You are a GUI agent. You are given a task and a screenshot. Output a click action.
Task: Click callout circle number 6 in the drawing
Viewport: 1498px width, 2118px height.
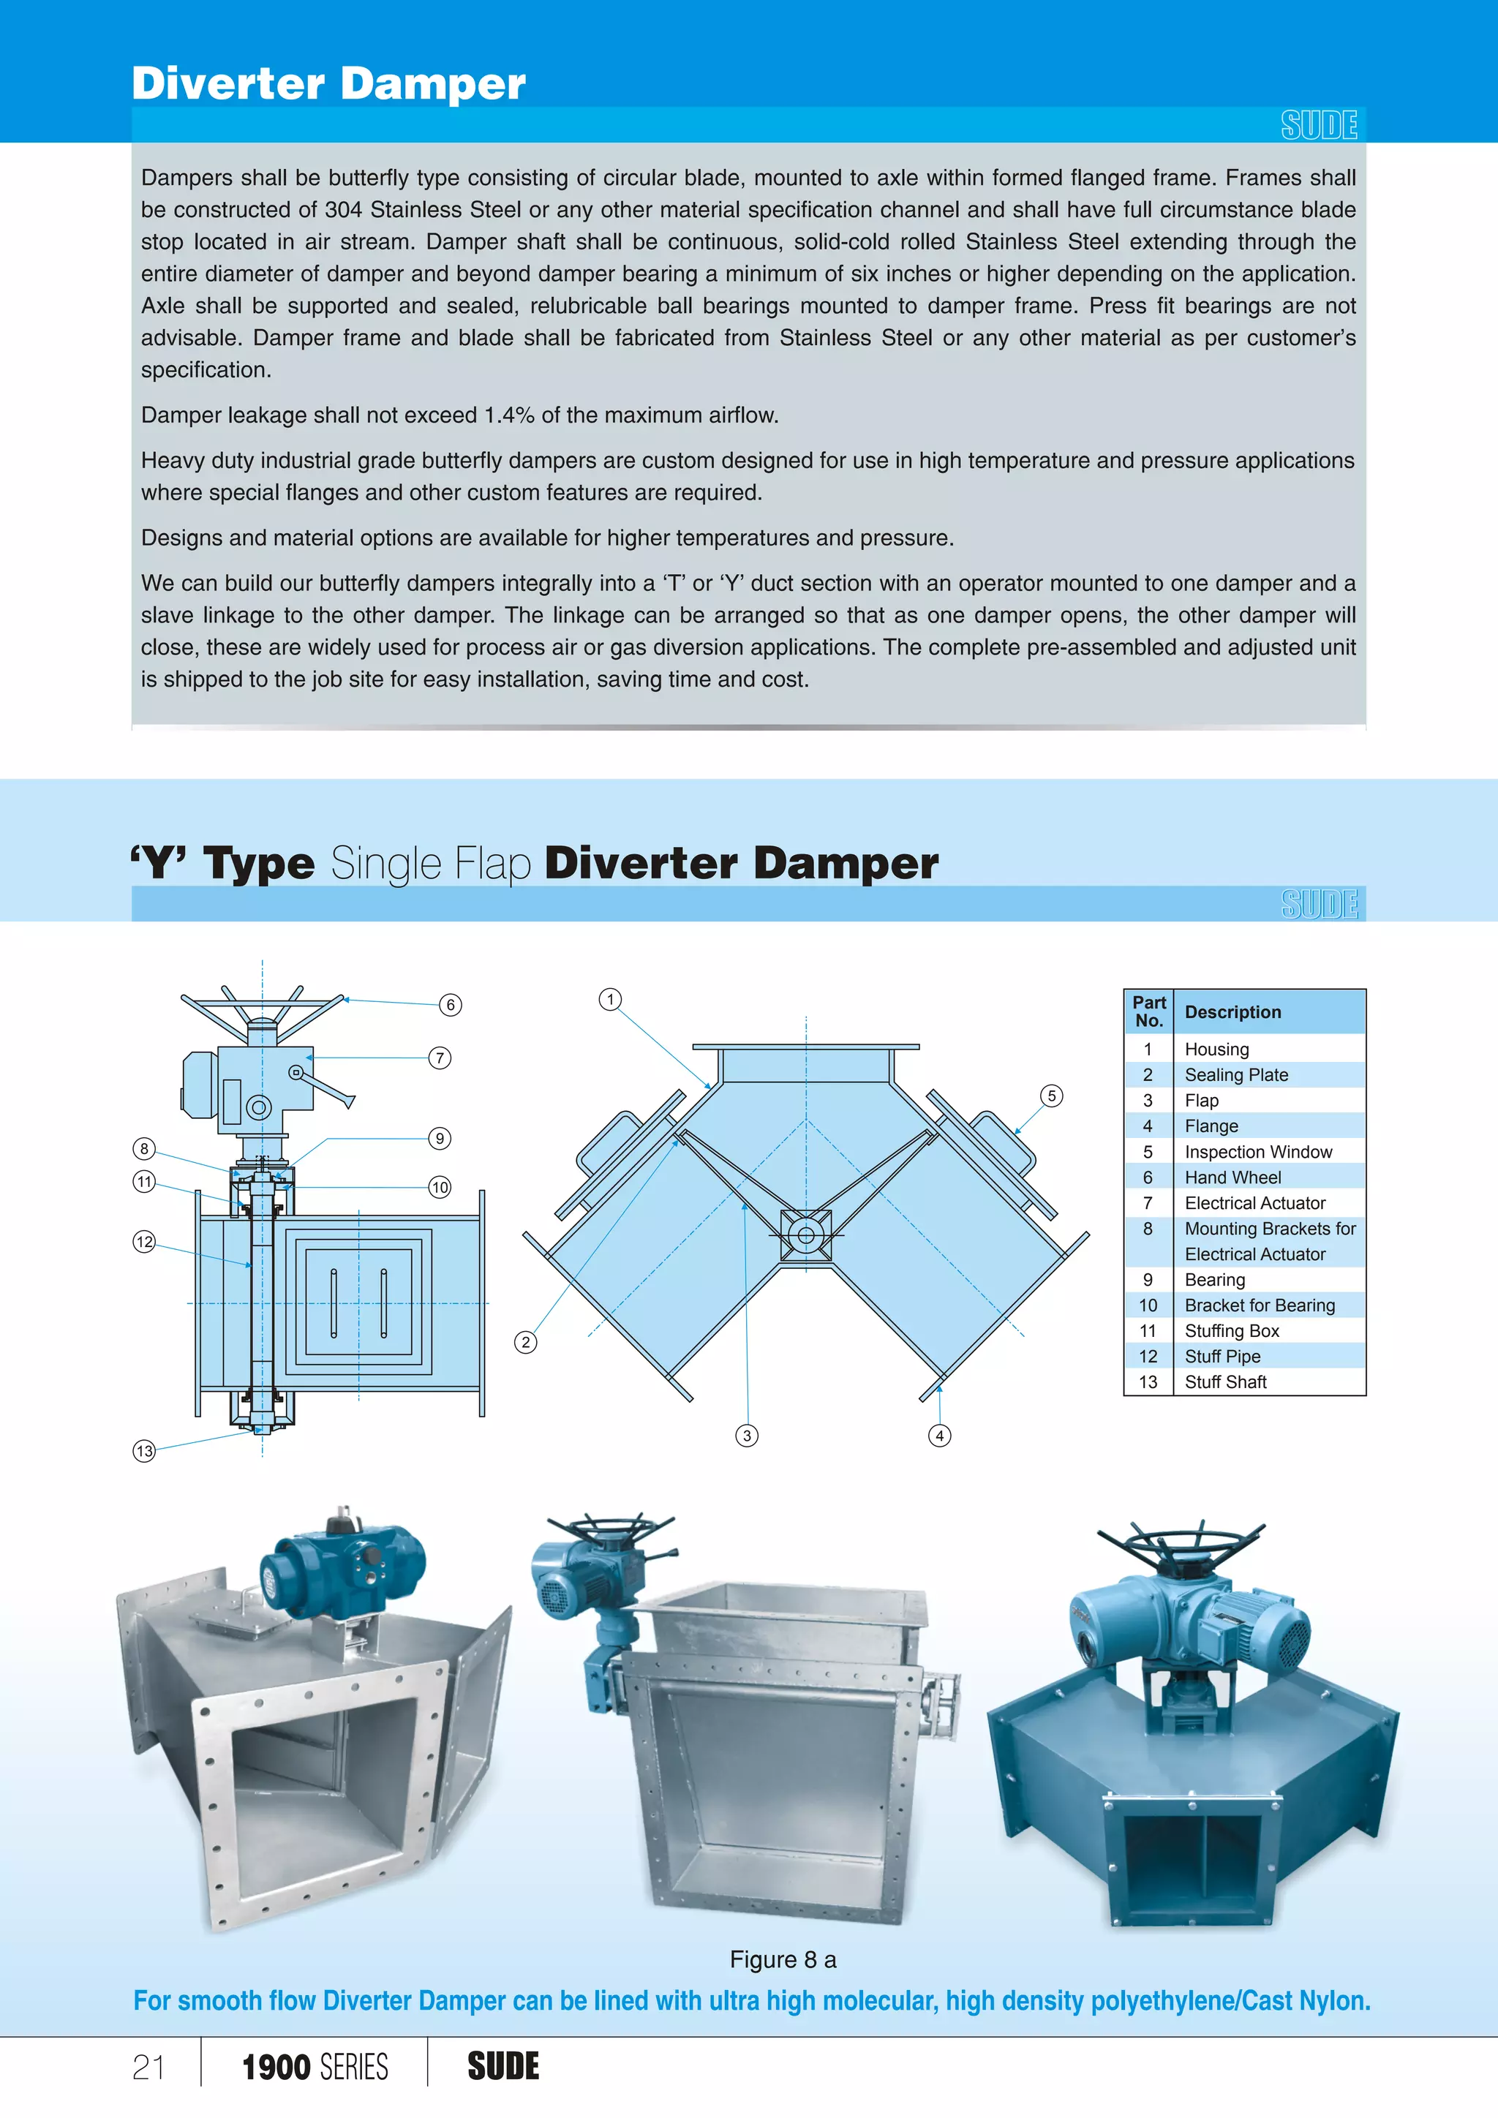pos(450,1005)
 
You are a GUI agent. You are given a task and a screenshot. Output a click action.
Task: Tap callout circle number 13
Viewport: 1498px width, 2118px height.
pos(144,1451)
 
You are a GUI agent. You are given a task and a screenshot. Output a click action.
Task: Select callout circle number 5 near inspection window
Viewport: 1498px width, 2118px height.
pos(1052,1096)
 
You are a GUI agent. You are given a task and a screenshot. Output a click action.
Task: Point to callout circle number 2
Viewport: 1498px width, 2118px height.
pos(526,1342)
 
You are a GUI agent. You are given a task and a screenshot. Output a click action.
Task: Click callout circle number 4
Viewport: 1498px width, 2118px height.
pos(939,1436)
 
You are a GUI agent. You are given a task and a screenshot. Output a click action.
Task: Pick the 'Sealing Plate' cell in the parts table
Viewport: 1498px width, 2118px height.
pos(1236,1074)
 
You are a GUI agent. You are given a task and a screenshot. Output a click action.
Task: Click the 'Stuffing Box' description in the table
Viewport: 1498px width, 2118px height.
pos(1232,1330)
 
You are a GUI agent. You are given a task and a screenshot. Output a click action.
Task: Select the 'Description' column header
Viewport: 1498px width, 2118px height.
pos(1232,1012)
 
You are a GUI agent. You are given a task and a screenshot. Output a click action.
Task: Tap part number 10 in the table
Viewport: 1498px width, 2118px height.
pos(1148,1305)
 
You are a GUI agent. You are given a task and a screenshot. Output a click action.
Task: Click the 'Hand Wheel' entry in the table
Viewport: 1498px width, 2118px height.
pos(1232,1177)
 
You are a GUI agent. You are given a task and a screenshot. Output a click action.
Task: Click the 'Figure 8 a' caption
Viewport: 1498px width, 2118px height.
pos(782,1959)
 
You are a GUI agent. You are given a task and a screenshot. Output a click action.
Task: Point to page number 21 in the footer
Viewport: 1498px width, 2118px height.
pos(148,2068)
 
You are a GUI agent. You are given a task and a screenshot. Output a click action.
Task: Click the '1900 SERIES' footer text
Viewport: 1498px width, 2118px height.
pos(315,2068)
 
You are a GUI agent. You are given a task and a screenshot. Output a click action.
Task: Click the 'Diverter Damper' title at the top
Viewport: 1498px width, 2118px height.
pos(328,84)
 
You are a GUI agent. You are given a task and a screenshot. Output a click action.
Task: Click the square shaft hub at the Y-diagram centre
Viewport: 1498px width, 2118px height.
pos(805,1235)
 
